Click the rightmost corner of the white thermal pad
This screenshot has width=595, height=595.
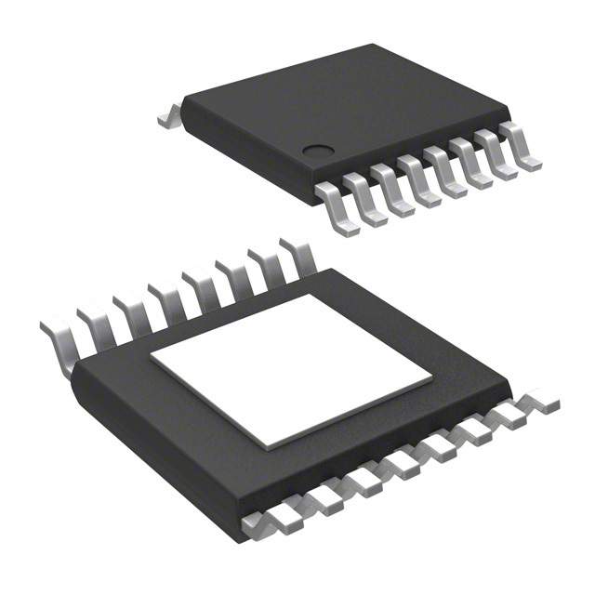431,381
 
